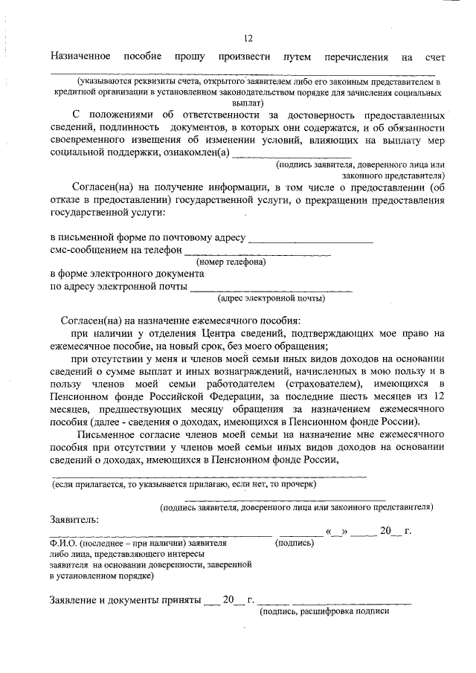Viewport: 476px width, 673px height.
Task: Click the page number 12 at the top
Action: [x=248, y=39]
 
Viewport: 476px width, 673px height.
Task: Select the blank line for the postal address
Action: [x=310, y=240]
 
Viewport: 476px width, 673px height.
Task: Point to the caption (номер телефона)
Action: [x=231, y=263]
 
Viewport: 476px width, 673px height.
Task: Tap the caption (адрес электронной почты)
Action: [x=271, y=299]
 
